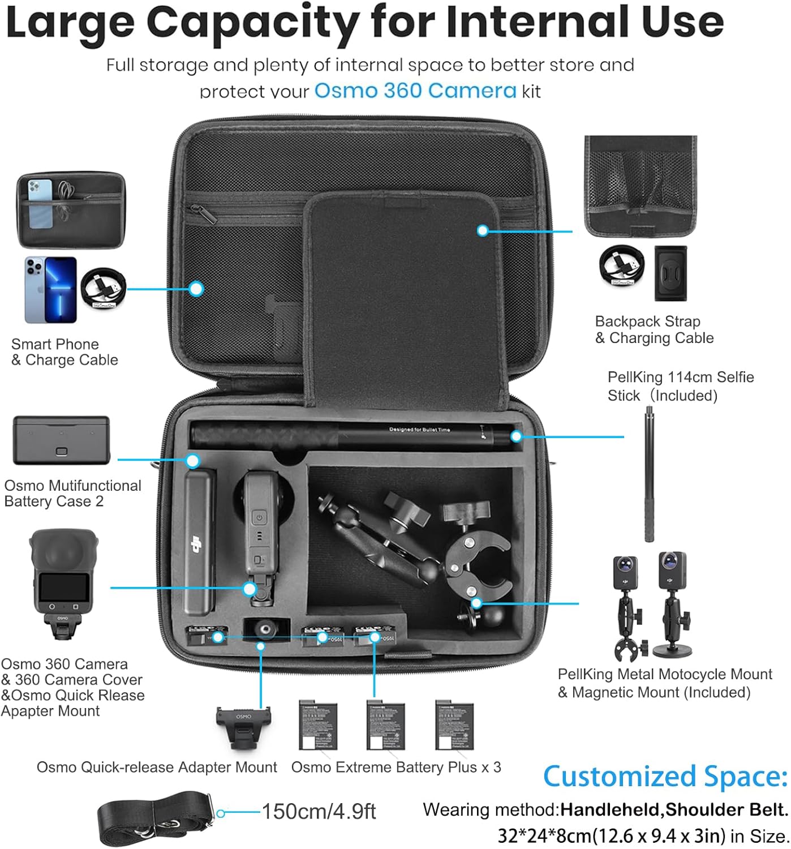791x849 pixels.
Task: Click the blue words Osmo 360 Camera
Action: [x=415, y=91]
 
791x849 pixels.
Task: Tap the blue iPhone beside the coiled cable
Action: [x=50, y=289]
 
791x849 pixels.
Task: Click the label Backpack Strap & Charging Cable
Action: [x=654, y=330]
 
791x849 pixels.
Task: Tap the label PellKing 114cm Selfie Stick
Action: [x=680, y=386]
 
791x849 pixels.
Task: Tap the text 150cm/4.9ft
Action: [x=319, y=812]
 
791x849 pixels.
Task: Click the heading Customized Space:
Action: [x=665, y=776]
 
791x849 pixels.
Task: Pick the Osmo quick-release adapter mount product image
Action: [x=243, y=726]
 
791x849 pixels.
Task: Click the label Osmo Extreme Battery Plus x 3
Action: [x=396, y=767]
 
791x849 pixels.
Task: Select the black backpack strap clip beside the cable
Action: [x=670, y=273]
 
